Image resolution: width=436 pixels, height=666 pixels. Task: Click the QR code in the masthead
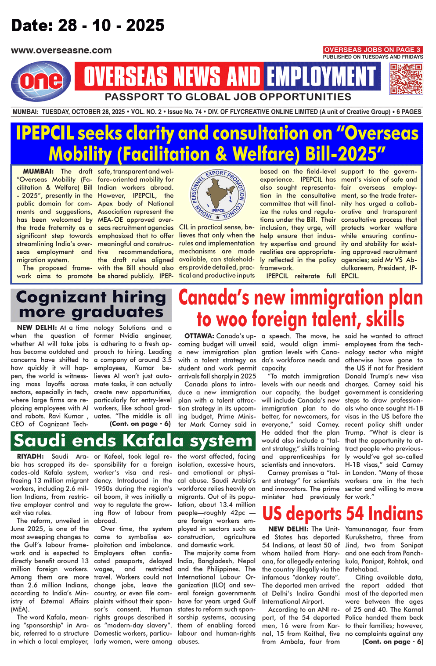pos(406,79)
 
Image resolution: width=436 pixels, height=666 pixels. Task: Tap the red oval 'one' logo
pos(41,80)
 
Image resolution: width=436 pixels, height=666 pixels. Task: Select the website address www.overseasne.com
pos(61,50)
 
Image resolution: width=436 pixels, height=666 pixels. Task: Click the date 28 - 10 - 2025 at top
pos(88,25)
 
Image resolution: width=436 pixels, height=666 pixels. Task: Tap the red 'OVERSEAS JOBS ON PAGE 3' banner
pos(372,50)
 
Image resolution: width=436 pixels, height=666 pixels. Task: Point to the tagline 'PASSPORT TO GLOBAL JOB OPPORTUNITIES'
pos(228,97)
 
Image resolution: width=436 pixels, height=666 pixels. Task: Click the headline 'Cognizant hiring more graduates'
pos(91,304)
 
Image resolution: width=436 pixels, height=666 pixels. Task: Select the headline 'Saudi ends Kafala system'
pos(133,440)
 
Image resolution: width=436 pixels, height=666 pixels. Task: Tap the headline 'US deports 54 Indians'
pos(342,513)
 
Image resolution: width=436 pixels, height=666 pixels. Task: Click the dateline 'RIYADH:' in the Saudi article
pos(30,457)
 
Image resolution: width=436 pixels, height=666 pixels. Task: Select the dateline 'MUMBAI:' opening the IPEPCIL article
pos(38,172)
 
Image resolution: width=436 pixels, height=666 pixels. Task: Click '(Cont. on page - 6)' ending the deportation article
pos(393,642)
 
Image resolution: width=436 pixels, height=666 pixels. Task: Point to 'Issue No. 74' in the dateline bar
pos(184,112)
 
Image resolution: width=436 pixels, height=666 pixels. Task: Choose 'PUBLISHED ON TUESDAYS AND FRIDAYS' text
pos(373,57)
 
